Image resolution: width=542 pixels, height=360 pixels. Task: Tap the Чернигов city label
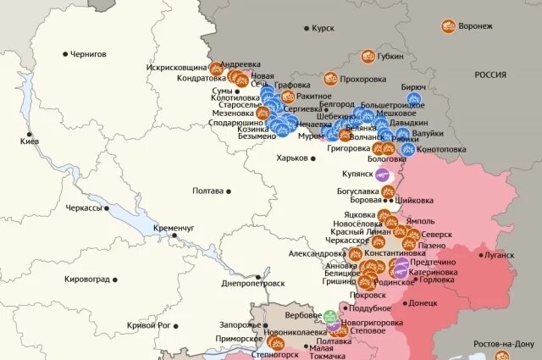pos(89,53)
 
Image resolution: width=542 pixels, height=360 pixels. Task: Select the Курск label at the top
pos(323,28)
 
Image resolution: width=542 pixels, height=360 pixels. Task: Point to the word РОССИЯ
pos(489,75)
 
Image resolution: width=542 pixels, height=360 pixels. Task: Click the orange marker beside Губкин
pos(368,56)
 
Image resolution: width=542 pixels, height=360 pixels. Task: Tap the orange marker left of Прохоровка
pos(329,80)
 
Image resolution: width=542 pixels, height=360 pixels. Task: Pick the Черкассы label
pos(84,208)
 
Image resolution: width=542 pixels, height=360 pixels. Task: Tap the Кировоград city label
pos(89,279)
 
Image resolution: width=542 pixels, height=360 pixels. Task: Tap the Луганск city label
pos(497,255)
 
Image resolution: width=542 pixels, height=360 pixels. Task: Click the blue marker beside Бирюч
pos(413,99)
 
